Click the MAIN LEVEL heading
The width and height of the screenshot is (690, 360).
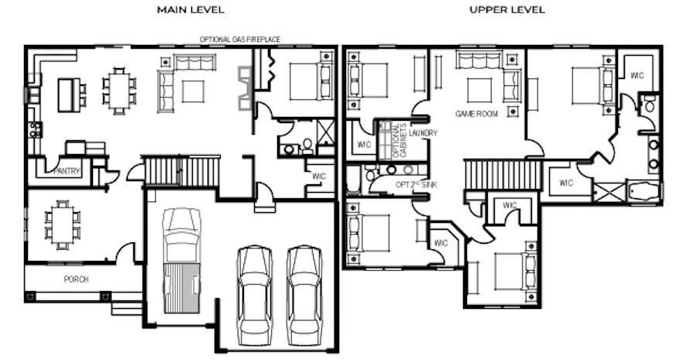tap(191, 10)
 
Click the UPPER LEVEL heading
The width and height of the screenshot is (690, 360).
tap(507, 10)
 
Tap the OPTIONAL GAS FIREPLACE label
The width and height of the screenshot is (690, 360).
tap(240, 39)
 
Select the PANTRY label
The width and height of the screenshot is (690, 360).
tap(67, 171)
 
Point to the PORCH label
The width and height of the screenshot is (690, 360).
tap(76, 279)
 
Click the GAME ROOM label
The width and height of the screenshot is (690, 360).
tap(476, 114)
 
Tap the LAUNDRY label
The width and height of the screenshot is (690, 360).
tap(423, 132)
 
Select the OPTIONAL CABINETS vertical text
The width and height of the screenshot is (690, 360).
tap(400, 140)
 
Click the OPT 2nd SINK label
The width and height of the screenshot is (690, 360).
tap(417, 184)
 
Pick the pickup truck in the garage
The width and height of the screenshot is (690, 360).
tap(182, 261)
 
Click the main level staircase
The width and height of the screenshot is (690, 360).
tap(182, 171)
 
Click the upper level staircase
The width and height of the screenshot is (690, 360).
tap(502, 175)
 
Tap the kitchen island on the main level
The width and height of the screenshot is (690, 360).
tap(69, 95)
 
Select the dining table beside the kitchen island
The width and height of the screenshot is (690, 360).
tap(119, 91)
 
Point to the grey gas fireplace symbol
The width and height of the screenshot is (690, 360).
tap(245, 88)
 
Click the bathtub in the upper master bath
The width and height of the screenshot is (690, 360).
tap(644, 192)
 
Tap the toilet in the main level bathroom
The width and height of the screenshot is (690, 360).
tap(307, 146)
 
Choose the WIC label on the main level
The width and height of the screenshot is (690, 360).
tap(319, 176)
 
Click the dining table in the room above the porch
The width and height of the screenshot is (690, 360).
tap(63, 225)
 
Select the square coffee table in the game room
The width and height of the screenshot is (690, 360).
tap(479, 91)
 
